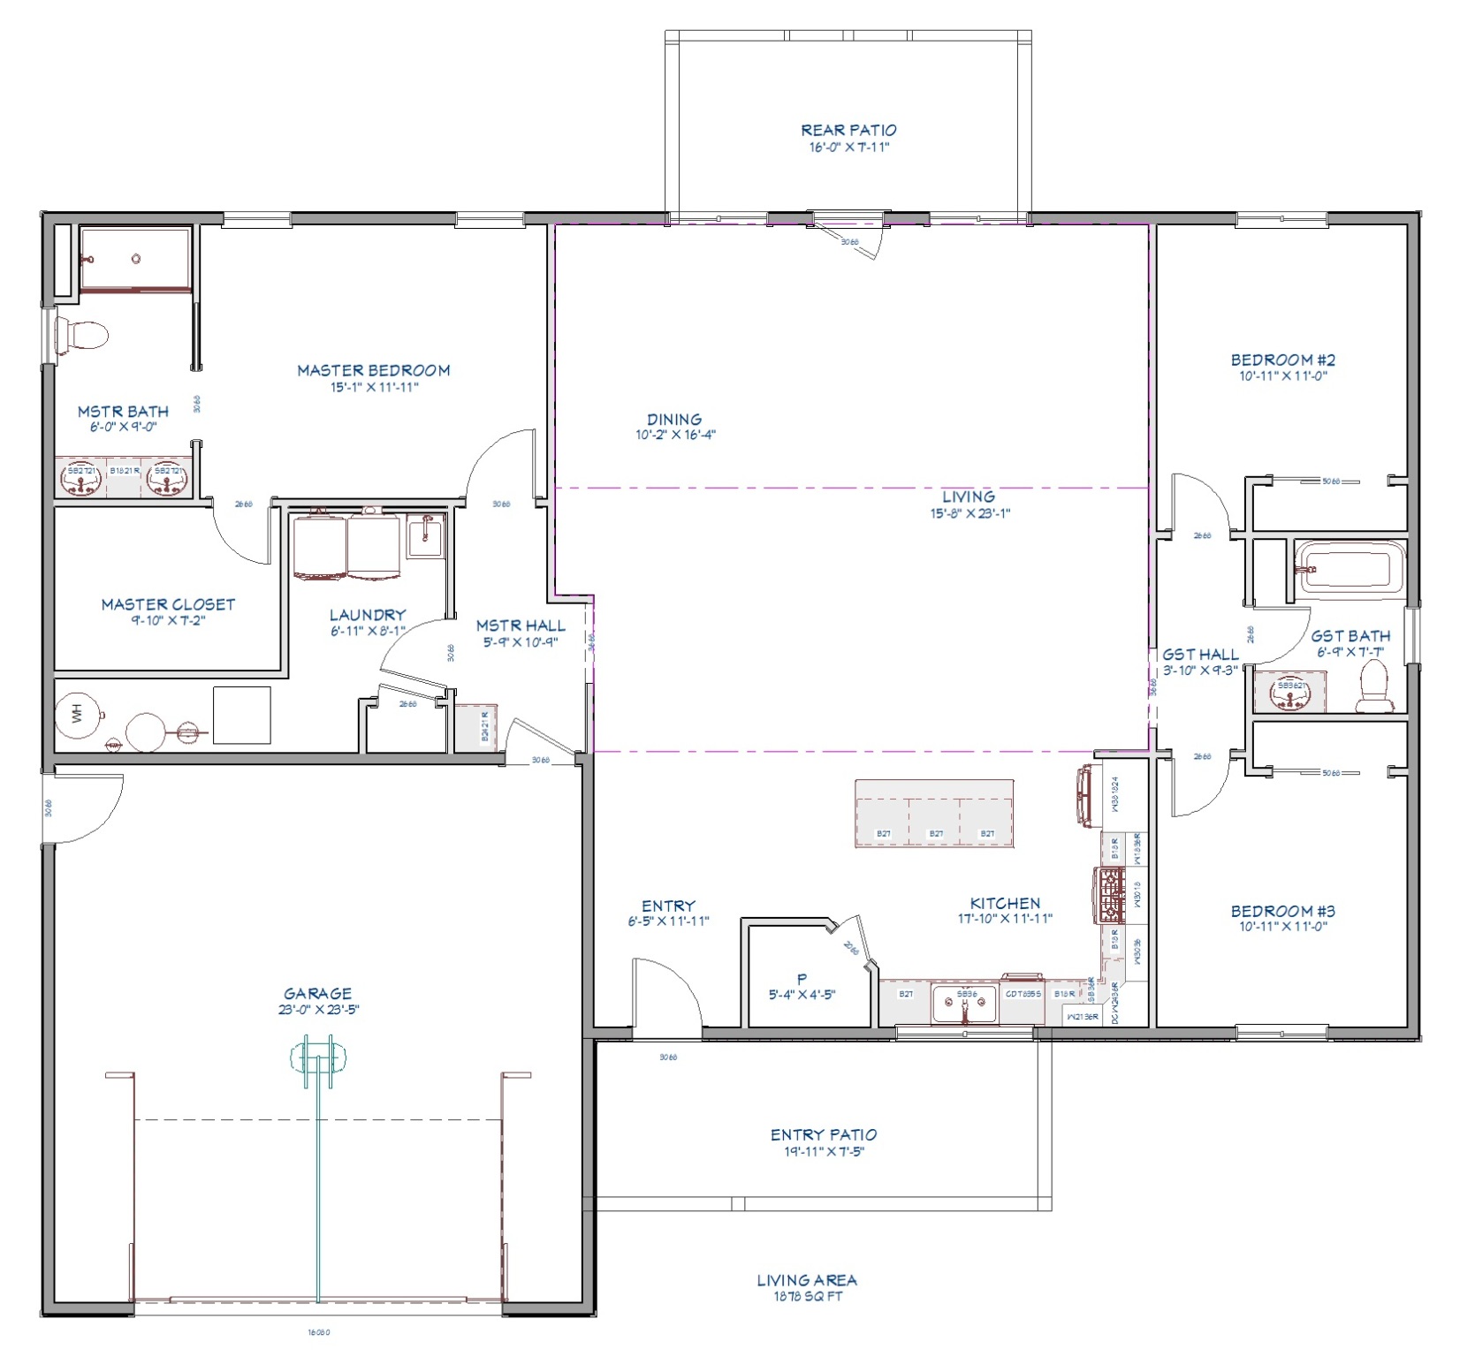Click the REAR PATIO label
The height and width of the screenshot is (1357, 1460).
(848, 130)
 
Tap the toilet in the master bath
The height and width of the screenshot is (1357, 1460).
(82, 337)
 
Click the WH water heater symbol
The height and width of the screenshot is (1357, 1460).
(78, 715)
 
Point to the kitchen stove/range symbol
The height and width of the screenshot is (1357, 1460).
(1110, 895)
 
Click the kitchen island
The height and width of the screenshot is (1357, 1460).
(934, 814)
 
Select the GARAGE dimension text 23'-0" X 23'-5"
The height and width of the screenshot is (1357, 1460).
(318, 1010)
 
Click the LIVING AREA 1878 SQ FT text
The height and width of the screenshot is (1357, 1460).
(807, 1287)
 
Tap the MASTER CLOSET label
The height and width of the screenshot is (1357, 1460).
(168, 604)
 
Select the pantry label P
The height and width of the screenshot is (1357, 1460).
(802, 979)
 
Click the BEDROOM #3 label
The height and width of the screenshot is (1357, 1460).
(1282, 911)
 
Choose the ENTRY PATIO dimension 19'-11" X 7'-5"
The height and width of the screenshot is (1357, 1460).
(824, 1151)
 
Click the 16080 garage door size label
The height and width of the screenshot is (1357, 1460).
(318, 1332)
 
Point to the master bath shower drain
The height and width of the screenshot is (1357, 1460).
(136, 259)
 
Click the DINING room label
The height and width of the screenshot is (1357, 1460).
(674, 420)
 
